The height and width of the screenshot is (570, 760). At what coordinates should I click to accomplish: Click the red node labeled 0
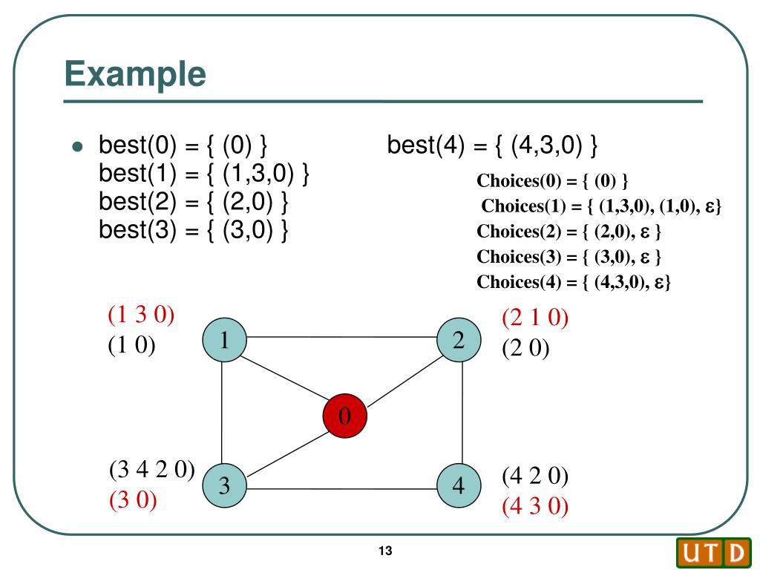click(x=344, y=416)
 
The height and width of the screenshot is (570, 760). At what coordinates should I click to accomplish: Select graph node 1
click(x=223, y=340)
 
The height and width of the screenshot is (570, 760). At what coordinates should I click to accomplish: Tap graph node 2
click(x=459, y=341)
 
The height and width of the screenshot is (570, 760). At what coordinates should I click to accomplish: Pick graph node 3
click(x=224, y=485)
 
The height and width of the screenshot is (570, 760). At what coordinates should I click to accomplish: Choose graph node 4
click(x=459, y=485)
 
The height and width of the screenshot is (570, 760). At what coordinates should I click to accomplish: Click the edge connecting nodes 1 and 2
click(x=341, y=337)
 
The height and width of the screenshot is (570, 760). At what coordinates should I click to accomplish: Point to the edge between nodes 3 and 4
click(x=341, y=489)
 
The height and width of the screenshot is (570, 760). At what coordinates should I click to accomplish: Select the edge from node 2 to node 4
click(x=462, y=413)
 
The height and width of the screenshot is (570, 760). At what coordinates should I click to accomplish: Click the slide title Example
click(x=134, y=74)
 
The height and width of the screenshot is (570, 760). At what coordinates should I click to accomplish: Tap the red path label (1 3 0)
click(x=141, y=315)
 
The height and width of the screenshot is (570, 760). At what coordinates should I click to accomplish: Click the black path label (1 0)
click(x=131, y=346)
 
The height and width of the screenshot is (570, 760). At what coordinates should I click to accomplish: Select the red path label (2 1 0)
click(x=535, y=318)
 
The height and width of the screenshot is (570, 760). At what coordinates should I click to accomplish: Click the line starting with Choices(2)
click(x=569, y=231)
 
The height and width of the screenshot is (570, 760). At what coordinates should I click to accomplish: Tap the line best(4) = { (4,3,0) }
click(x=492, y=145)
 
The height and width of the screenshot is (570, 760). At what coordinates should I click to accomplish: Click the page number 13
click(x=384, y=551)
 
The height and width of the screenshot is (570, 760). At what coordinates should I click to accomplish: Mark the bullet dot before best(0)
click(x=76, y=146)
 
